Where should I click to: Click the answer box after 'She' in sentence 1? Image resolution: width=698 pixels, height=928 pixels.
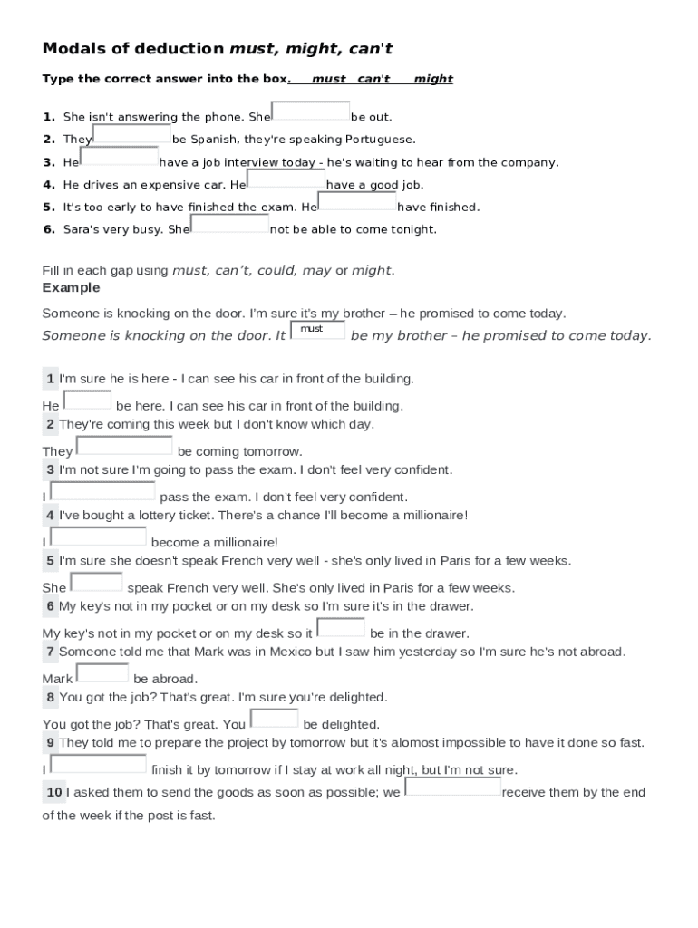[x=311, y=111]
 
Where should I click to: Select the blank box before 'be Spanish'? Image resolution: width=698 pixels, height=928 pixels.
[x=131, y=134]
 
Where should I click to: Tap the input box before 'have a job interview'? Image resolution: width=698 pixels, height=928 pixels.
[x=119, y=157]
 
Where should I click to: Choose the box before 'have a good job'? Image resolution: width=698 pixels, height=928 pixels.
[x=286, y=179]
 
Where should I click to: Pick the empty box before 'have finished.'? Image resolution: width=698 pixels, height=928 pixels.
[x=357, y=201]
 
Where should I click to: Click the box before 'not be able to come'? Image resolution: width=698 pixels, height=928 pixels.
[x=230, y=224]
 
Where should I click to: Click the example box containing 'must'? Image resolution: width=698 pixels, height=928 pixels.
[x=317, y=330]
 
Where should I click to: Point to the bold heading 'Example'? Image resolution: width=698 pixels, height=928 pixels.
[x=71, y=288]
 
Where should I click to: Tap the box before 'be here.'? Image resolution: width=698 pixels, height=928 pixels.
[x=88, y=400]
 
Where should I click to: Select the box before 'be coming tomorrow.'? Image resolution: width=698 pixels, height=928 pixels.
[x=124, y=445]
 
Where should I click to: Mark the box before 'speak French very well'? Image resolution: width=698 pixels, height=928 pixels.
[x=97, y=582]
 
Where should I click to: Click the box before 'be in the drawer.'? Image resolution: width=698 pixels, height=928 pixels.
[x=341, y=627]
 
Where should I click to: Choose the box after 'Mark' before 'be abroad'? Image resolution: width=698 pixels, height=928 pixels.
[x=102, y=672]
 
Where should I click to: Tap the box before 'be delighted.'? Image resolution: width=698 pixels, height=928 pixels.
[x=274, y=719]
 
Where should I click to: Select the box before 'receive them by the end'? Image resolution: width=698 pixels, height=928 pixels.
[x=452, y=787]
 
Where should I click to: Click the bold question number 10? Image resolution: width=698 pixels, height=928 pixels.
[x=54, y=793]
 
